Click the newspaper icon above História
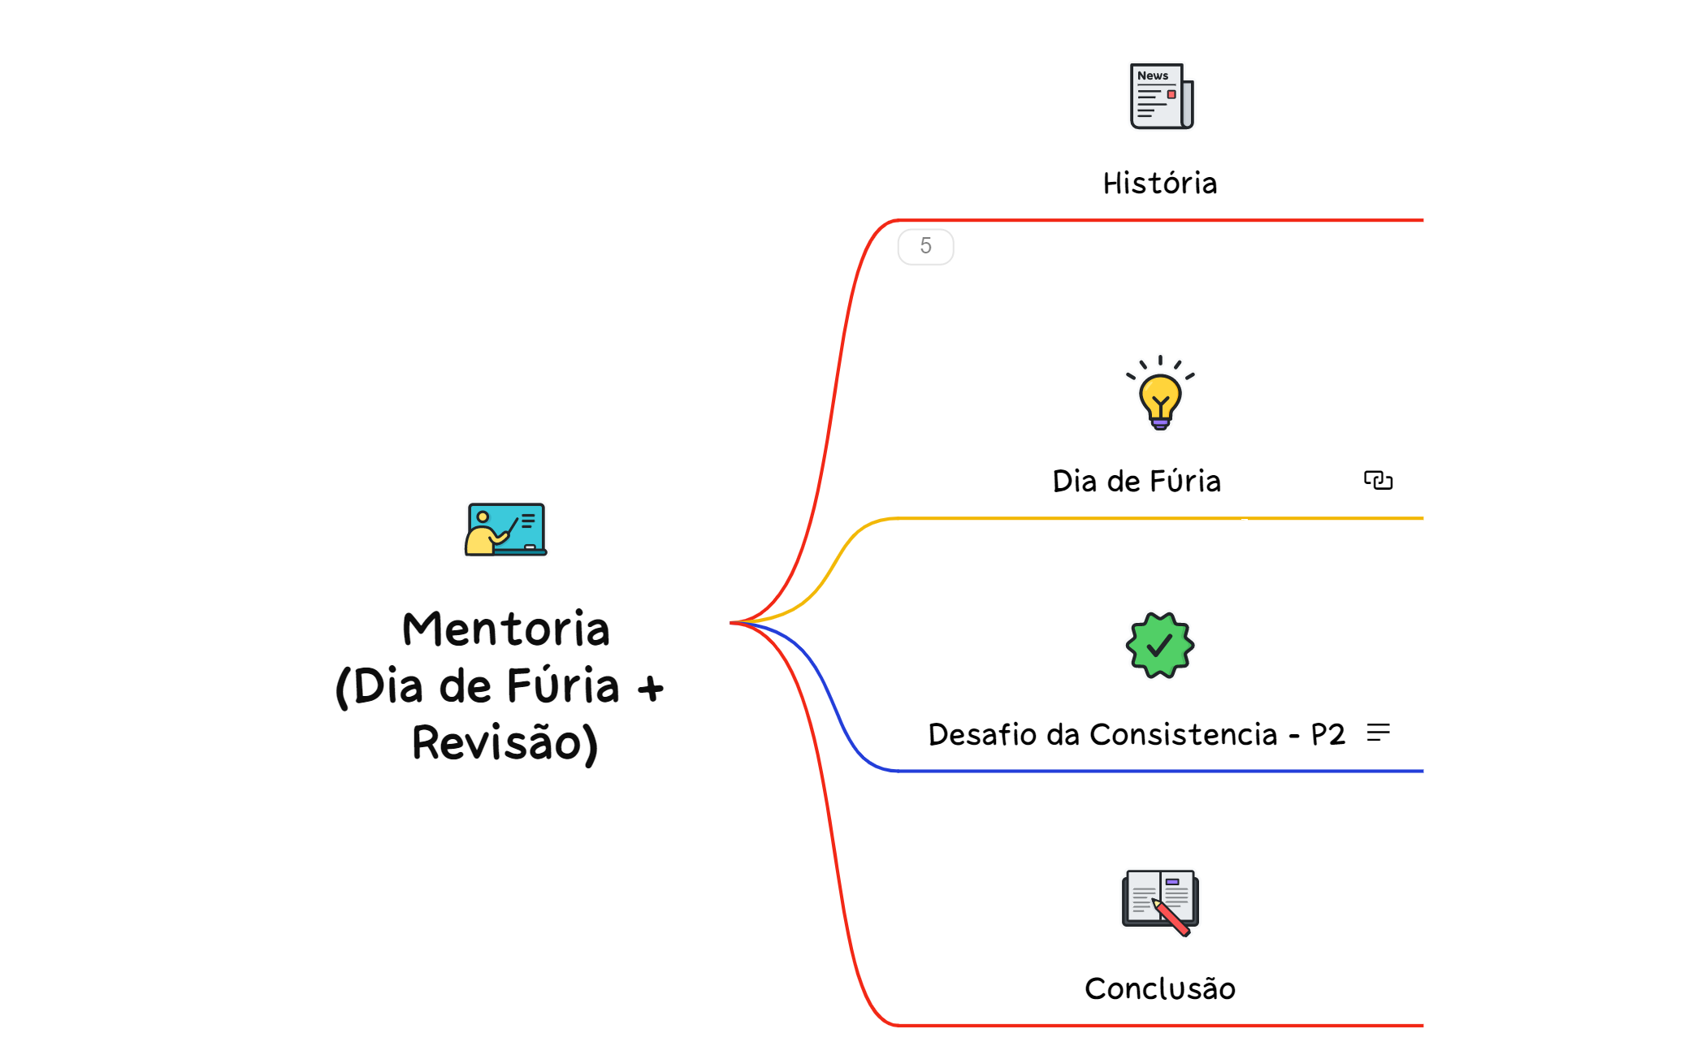coord(1161,97)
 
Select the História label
coord(1159,184)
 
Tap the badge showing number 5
coord(925,246)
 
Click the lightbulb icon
coord(1160,394)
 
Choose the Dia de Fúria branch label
coord(1136,482)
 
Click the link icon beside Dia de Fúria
coord(1378,481)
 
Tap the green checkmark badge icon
coord(1160,646)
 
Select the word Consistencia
coord(1183,735)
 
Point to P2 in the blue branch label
coord(1327,735)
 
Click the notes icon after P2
coord(1378,733)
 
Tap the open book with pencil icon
coord(1160,902)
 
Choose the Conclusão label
coord(1159,989)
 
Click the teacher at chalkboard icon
coord(505,530)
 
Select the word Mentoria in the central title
coord(505,629)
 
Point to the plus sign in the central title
coord(650,689)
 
